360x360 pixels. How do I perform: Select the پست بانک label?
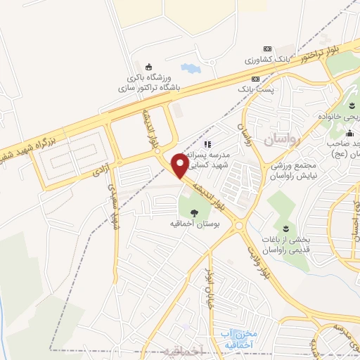(257, 89)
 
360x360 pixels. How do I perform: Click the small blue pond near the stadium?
(190, 69)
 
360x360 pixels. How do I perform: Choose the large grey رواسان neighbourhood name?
(281, 139)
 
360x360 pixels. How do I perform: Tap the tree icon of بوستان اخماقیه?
(194, 213)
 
